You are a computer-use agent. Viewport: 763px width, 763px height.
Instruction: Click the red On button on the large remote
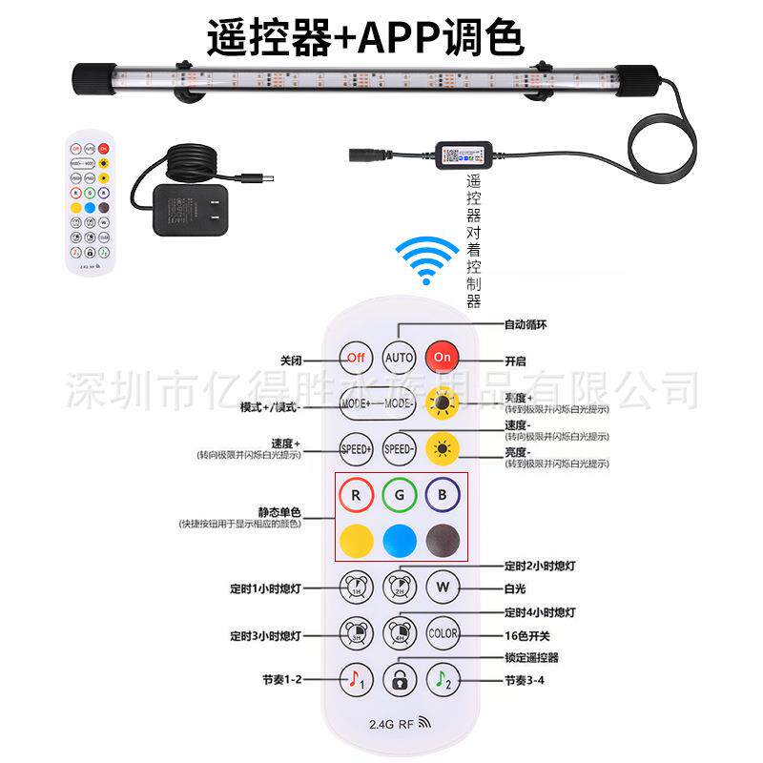pyautogui.click(x=443, y=358)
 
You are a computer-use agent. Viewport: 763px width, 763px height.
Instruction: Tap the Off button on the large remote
pyautogui.click(x=356, y=358)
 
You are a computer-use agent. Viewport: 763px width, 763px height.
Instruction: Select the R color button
pyautogui.click(x=356, y=496)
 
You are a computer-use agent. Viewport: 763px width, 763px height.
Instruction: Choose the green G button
pyautogui.click(x=400, y=496)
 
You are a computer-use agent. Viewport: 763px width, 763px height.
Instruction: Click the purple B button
pyautogui.click(x=443, y=496)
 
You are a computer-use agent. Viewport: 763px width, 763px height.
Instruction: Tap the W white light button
pyautogui.click(x=443, y=585)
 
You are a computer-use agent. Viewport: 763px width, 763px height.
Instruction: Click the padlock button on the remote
pyautogui.click(x=400, y=679)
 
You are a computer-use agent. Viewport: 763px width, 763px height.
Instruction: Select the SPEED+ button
pyautogui.click(x=356, y=447)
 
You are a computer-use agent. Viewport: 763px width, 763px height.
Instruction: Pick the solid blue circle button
pyautogui.click(x=400, y=540)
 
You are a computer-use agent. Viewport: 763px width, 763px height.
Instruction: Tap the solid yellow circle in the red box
pyautogui.click(x=356, y=540)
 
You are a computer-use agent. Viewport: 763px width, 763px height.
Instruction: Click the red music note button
pyautogui.click(x=356, y=679)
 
